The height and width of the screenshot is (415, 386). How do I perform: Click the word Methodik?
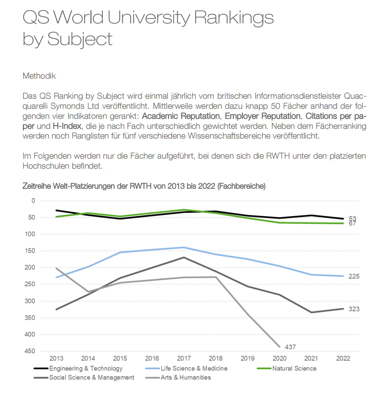point(39,76)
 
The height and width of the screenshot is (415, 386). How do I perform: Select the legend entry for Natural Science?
point(287,369)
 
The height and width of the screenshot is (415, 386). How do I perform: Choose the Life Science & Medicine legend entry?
point(186,369)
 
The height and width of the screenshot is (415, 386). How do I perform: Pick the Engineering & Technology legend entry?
point(78,369)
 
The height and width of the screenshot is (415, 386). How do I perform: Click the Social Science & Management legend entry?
point(84,377)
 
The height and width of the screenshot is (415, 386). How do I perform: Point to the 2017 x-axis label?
point(184,359)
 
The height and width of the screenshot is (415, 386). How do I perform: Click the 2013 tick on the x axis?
point(56,359)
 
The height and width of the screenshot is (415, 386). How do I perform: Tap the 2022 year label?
point(343,359)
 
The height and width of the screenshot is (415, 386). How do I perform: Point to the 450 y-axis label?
point(30,351)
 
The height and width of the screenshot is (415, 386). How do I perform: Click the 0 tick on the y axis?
point(33,201)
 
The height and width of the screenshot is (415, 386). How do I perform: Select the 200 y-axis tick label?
point(30,267)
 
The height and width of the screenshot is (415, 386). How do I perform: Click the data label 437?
point(290,347)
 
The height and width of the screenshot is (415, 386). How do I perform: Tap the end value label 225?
point(354,276)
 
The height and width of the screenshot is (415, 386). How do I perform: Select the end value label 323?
point(354,309)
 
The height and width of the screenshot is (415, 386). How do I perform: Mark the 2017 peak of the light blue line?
point(184,247)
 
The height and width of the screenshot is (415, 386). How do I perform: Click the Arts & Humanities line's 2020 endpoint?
point(279,347)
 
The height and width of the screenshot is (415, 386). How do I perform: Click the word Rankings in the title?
point(234,18)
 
